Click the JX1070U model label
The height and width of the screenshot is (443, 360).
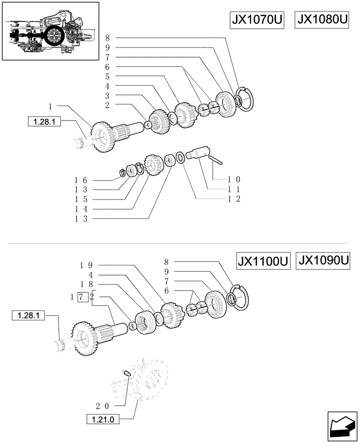pos(257,21)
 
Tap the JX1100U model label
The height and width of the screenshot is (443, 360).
pos(263,261)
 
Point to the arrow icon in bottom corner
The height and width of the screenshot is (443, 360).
pos(341,426)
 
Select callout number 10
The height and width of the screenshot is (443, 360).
pos(234,179)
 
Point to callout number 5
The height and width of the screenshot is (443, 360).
pos(107,76)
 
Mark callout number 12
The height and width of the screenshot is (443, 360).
pos(234,199)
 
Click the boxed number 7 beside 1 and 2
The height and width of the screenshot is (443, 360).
pos(82,297)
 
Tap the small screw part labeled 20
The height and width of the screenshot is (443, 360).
pos(126,373)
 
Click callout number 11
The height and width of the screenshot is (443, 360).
pos(234,189)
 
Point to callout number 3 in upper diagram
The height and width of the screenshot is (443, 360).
pos(107,95)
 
